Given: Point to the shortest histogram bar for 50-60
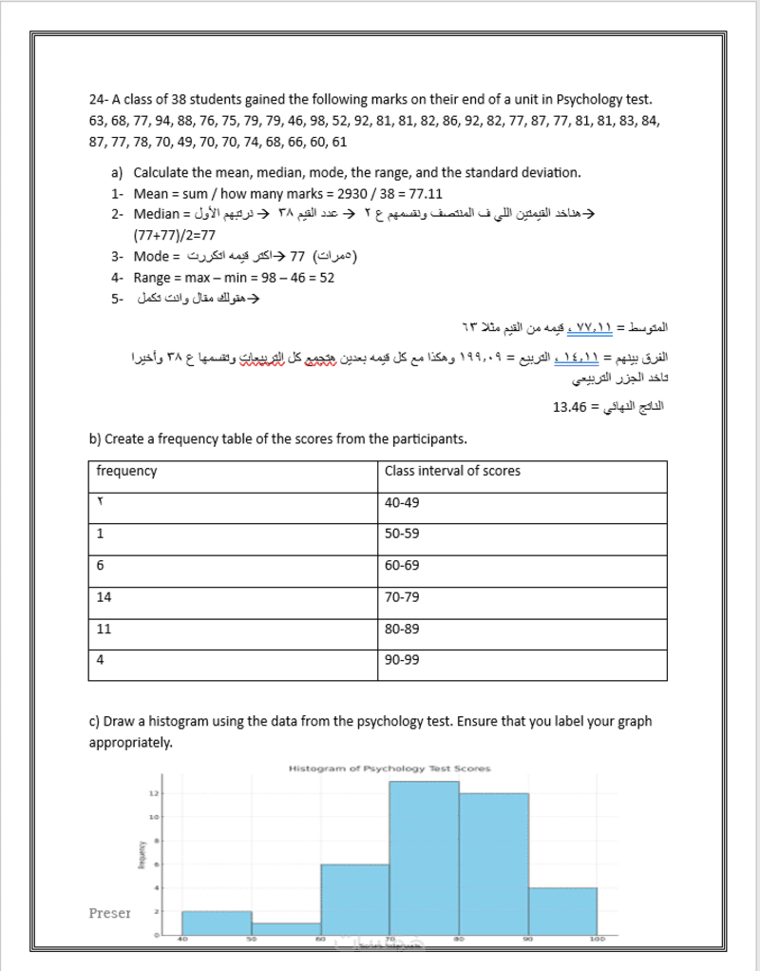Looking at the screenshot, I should coord(286,929).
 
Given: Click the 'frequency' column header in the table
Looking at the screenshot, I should coord(127,472).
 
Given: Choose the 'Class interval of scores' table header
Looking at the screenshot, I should coord(452,472).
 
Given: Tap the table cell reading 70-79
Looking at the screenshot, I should coord(401,597).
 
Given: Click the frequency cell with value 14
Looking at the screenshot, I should coord(104,597).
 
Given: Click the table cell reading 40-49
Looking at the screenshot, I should coord(401,502).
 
